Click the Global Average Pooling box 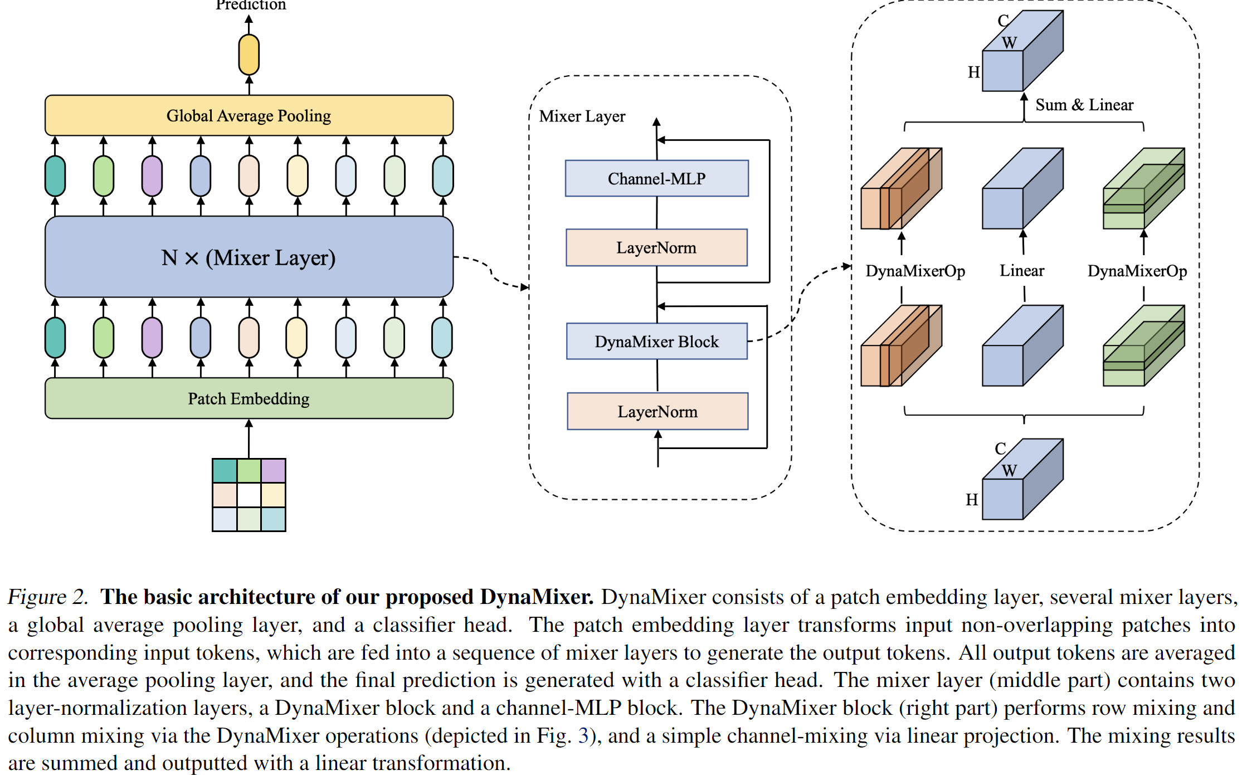click(x=249, y=115)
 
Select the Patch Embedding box click(x=249, y=398)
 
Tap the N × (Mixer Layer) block click(x=249, y=257)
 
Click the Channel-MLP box click(x=656, y=178)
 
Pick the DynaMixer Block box click(x=656, y=342)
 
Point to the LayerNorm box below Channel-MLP click(x=656, y=247)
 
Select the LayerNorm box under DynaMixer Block click(x=657, y=411)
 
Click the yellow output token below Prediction click(x=249, y=55)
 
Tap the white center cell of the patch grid click(x=249, y=495)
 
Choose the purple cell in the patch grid click(x=274, y=471)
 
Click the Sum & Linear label click(x=1084, y=105)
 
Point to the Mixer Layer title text click(x=582, y=116)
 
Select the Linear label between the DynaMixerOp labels click(x=1021, y=271)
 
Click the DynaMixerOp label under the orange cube click(x=915, y=271)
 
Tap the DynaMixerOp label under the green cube click(x=1137, y=271)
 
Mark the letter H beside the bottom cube click(x=972, y=500)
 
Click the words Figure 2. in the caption click(x=47, y=597)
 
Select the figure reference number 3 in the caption click(x=583, y=735)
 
